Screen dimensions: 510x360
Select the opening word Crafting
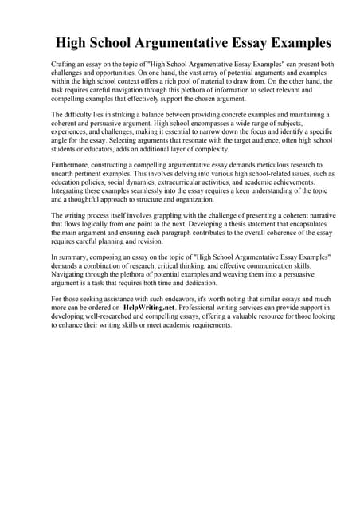65,63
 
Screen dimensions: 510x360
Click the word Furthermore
72,165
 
